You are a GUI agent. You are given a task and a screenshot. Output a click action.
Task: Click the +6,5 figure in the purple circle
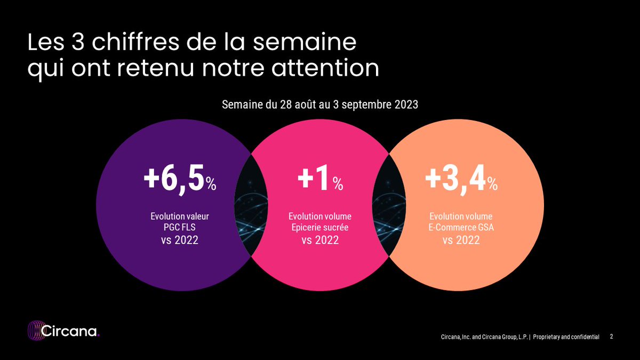173,180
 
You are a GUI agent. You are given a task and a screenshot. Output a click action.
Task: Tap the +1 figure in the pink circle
314,180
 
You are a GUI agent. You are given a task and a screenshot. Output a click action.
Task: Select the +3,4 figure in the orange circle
455,180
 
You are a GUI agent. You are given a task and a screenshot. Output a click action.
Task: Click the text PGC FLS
179,228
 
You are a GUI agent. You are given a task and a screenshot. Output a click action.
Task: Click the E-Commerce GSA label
461,228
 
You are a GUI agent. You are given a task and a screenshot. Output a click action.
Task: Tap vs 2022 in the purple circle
179,241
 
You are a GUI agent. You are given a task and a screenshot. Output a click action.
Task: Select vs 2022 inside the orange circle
461,241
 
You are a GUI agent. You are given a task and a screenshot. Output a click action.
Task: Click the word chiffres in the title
124,43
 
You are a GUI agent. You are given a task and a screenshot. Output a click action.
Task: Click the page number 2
611,337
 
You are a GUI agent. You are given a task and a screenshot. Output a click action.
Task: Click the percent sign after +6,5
211,185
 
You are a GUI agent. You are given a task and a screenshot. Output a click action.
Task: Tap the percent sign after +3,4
492,185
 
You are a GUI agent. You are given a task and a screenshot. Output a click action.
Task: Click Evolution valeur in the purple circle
179,217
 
